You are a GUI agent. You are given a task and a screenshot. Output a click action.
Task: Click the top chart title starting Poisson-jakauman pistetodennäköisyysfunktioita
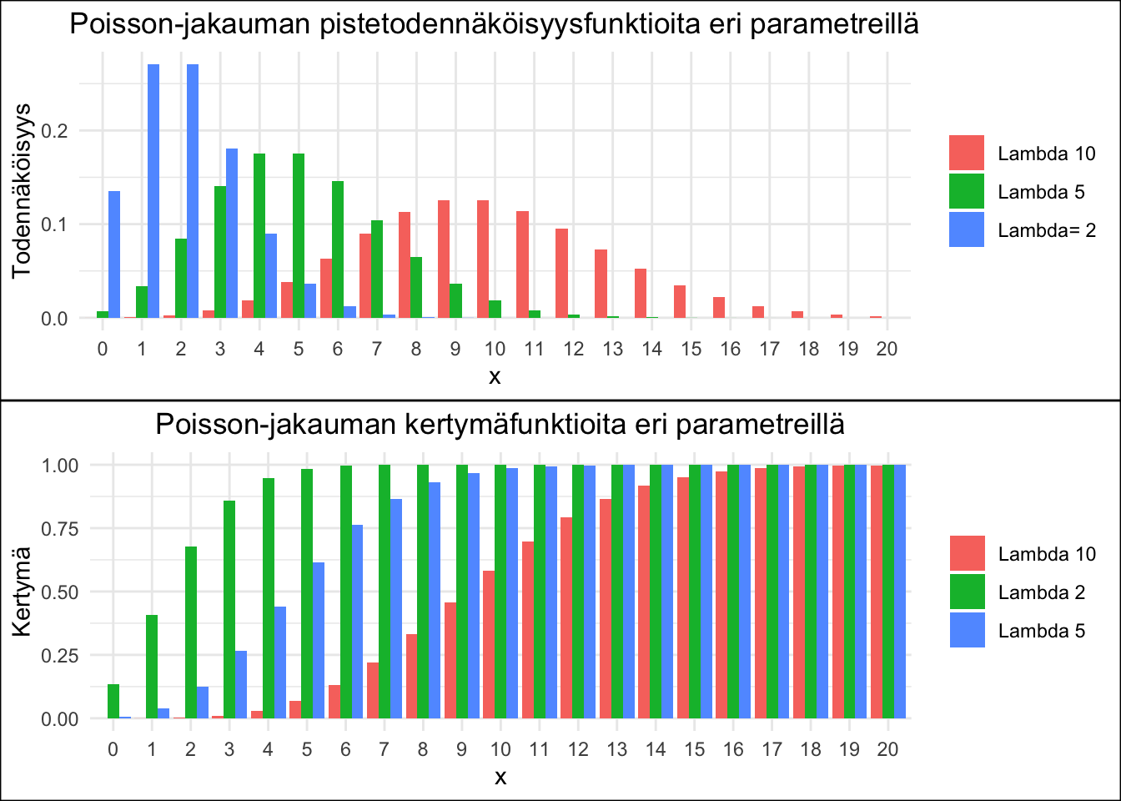pos(494,23)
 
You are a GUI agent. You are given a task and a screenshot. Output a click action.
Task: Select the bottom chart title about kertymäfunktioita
pos(500,425)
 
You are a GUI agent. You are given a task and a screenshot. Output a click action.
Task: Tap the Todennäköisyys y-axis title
pos(23,191)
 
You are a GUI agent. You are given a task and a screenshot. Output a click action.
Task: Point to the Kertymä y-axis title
pos(23,591)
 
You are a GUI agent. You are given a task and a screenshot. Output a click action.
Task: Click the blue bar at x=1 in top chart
pos(153,192)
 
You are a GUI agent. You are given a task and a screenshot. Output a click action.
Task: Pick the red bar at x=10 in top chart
pos(483,259)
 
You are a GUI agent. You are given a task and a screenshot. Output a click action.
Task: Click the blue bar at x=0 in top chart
pos(114,254)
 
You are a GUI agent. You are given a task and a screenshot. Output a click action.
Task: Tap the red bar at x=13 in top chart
pos(601,284)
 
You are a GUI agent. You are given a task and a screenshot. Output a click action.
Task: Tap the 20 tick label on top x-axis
pos(887,349)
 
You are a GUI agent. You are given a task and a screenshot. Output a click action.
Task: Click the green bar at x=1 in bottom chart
pos(152,667)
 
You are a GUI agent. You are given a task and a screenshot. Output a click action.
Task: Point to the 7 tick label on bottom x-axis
pos(384,749)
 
